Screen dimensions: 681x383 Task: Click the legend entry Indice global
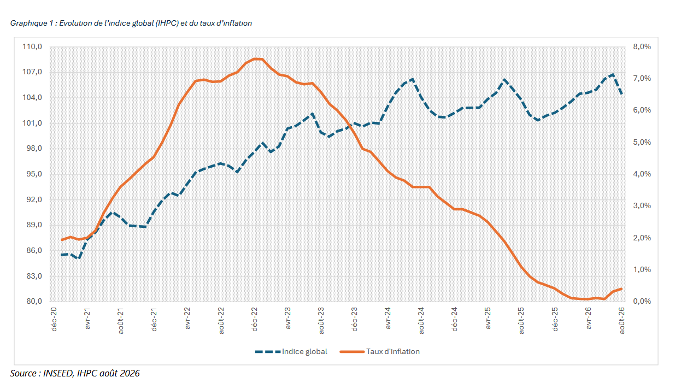pyautogui.click(x=291, y=352)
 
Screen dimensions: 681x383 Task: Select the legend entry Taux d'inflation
pyautogui.click(x=380, y=352)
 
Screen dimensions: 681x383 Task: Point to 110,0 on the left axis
pyautogui.click(x=32, y=47)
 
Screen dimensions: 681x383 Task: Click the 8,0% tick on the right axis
pyautogui.click(x=642, y=47)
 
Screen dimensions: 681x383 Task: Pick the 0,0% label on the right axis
pyautogui.click(x=642, y=301)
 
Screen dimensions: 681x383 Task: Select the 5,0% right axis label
pyautogui.click(x=642, y=142)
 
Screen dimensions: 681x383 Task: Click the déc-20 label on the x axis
pyautogui.click(x=54, y=319)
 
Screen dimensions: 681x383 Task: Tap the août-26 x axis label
pyautogui.click(x=622, y=320)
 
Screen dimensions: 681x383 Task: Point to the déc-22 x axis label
pyautogui.click(x=255, y=319)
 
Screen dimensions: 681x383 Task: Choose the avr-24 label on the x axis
pyautogui.click(x=388, y=318)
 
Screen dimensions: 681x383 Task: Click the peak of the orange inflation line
pyautogui.click(x=258, y=59)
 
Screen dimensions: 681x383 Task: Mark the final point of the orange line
pyautogui.click(x=621, y=289)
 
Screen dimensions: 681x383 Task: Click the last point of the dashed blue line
pyautogui.click(x=622, y=94)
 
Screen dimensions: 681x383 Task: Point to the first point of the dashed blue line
pyautogui.click(x=62, y=255)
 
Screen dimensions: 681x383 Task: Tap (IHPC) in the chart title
pyautogui.click(x=167, y=23)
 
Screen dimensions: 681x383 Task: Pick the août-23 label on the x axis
pyautogui.click(x=321, y=320)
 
